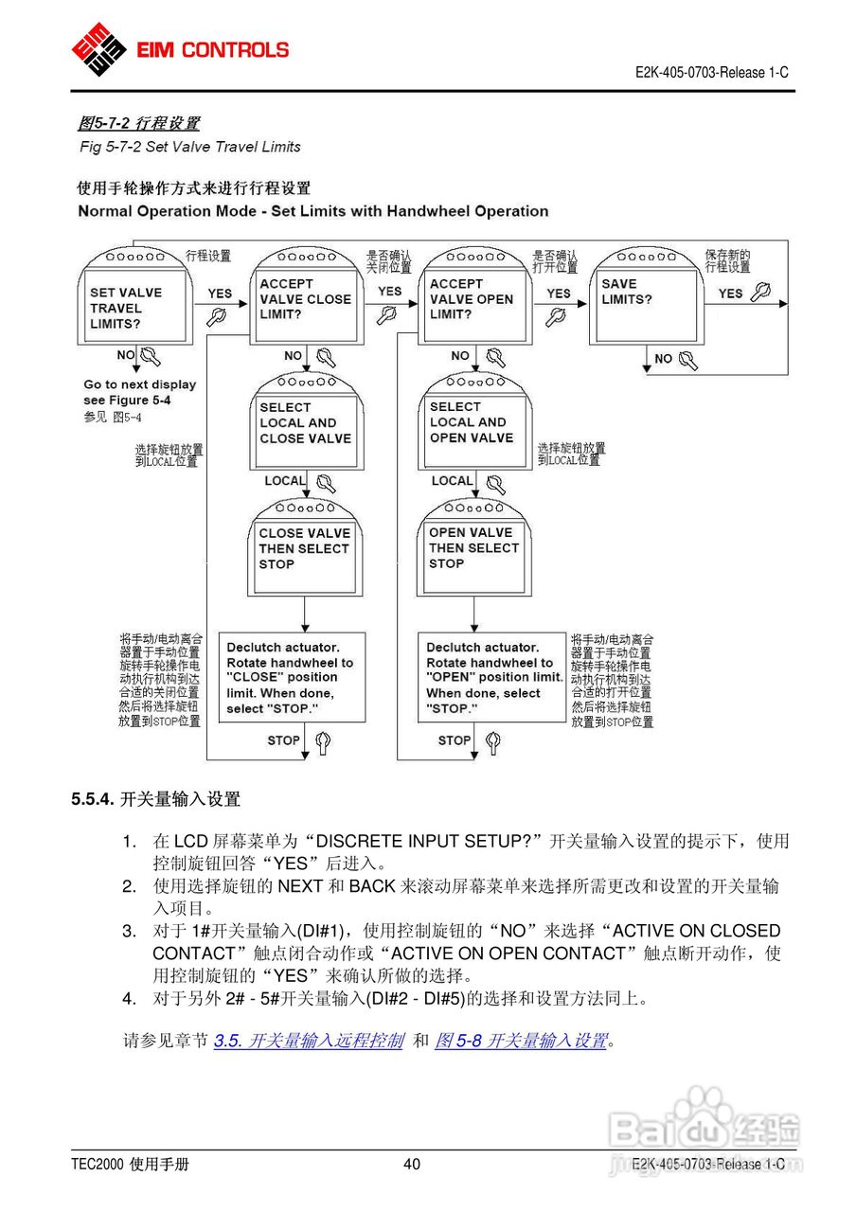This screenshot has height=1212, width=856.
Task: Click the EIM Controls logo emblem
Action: tap(98, 49)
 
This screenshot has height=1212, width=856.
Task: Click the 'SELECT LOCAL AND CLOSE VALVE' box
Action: tap(306, 423)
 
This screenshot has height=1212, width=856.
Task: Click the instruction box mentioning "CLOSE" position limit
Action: tap(292, 678)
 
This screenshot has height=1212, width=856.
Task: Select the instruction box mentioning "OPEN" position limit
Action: tap(492, 678)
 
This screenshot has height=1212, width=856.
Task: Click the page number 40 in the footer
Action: tap(412, 1165)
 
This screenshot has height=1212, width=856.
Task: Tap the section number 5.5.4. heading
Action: tap(93, 799)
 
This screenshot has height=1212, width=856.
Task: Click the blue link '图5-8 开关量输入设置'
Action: tap(521, 1041)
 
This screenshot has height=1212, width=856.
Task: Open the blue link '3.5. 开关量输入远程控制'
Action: tap(309, 1041)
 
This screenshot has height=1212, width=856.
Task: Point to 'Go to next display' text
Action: tap(139, 384)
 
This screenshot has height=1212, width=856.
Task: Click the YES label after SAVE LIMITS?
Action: tap(730, 294)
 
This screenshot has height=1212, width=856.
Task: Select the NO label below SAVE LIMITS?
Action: tap(663, 359)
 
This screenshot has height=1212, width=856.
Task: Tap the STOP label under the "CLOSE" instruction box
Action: tap(283, 740)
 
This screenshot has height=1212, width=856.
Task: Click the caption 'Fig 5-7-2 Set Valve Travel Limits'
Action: tap(189, 147)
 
